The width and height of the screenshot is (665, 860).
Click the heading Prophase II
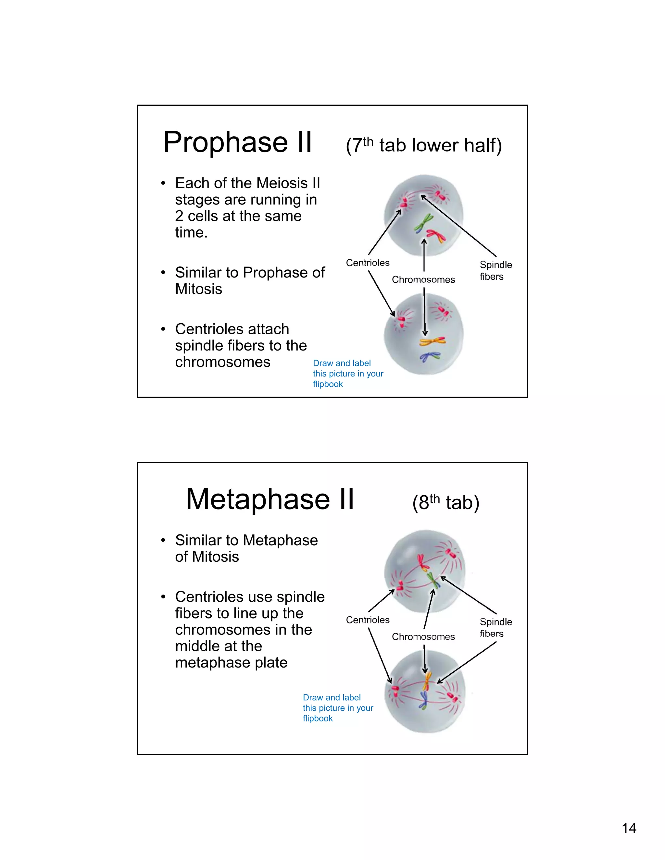pyautogui.click(x=238, y=142)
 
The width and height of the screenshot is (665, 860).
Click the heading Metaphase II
pyautogui.click(x=270, y=499)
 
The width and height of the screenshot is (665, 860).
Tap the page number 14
pyautogui.click(x=629, y=828)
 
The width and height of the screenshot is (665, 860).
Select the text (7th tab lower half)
pyautogui.click(x=423, y=145)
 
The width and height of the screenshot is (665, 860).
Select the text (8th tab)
pyautogui.click(x=445, y=503)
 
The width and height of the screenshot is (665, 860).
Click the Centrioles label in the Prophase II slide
pyautogui.click(x=368, y=263)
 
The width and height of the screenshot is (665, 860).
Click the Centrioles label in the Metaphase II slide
pyautogui.click(x=368, y=620)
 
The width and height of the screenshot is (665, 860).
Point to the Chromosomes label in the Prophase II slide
pyautogui.click(x=423, y=279)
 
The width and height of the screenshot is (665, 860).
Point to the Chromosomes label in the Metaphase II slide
pyautogui.click(x=423, y=637)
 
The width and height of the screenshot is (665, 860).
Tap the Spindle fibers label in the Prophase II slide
pyautogui.click(x=495, y=271)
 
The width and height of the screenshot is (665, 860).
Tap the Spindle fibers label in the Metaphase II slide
pyautogui.click(x=495, y=628)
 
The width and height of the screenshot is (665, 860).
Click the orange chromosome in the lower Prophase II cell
pyautogui.click(x=432, y=341)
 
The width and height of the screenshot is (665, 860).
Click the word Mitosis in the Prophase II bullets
pyautogui.click(x=198, y=289)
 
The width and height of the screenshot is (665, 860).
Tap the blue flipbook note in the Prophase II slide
pyautogui.click(x=348, y=373)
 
